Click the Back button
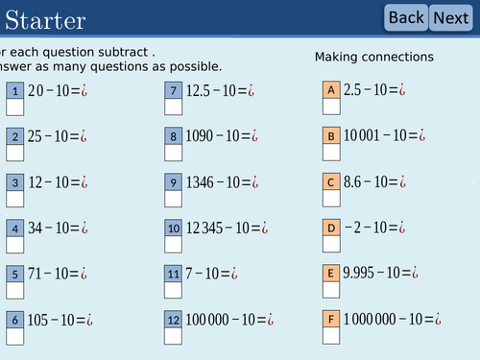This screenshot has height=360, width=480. [406, 17]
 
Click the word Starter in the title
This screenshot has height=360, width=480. [45, 19]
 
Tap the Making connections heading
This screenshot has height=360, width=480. [374, 58]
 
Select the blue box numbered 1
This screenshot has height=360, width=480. [15, 91]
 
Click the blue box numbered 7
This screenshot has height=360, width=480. [174, 91]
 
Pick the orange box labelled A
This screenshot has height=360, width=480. [331, 90]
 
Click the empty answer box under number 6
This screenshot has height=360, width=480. [15, 336]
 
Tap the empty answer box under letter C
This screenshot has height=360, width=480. [331, 198]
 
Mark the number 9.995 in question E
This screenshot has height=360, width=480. [362, 274]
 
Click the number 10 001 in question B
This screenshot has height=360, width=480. [366, 136]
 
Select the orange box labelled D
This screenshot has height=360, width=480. [331, 228]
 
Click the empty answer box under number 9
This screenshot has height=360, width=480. [174, 199]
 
